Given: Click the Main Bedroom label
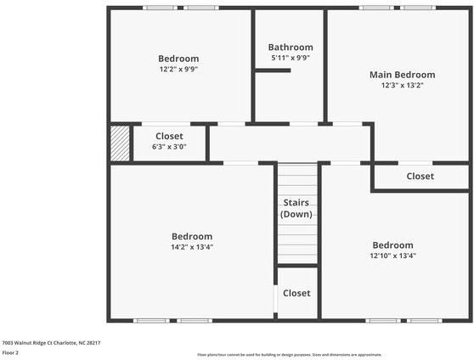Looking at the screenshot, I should click(x=402, y=75).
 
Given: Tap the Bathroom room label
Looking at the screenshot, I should click(x=291, y=48).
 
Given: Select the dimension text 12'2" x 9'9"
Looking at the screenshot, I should click(x=178, y=69).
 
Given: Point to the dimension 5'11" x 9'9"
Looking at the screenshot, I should click(x=291, y=58).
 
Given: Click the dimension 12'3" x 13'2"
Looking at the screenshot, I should click(x=402, y=85).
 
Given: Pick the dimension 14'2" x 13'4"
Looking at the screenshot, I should click(x=192, y=247).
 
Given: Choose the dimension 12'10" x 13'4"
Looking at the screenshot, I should click(x=392, y=255).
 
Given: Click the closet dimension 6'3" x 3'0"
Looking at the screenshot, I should click(x=169, y=146).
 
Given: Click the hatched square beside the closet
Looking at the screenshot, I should click(x=120, y=142).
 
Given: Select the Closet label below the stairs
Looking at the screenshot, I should click(x=296, y=293).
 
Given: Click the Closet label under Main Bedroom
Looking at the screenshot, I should click(x=420, y=177).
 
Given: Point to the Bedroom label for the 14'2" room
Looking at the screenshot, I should click(x=192, y=236).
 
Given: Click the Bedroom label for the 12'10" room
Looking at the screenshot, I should click(x=392, y=245).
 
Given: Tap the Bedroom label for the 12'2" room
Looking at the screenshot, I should click(x=178, y=59).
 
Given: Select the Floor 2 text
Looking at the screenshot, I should click(x=11, y=352).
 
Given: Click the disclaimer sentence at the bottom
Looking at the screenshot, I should click(x=289, y=354).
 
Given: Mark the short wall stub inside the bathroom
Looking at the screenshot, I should click(x=273, y=70).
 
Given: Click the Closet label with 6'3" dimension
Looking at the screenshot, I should click(x=169, y=136).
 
